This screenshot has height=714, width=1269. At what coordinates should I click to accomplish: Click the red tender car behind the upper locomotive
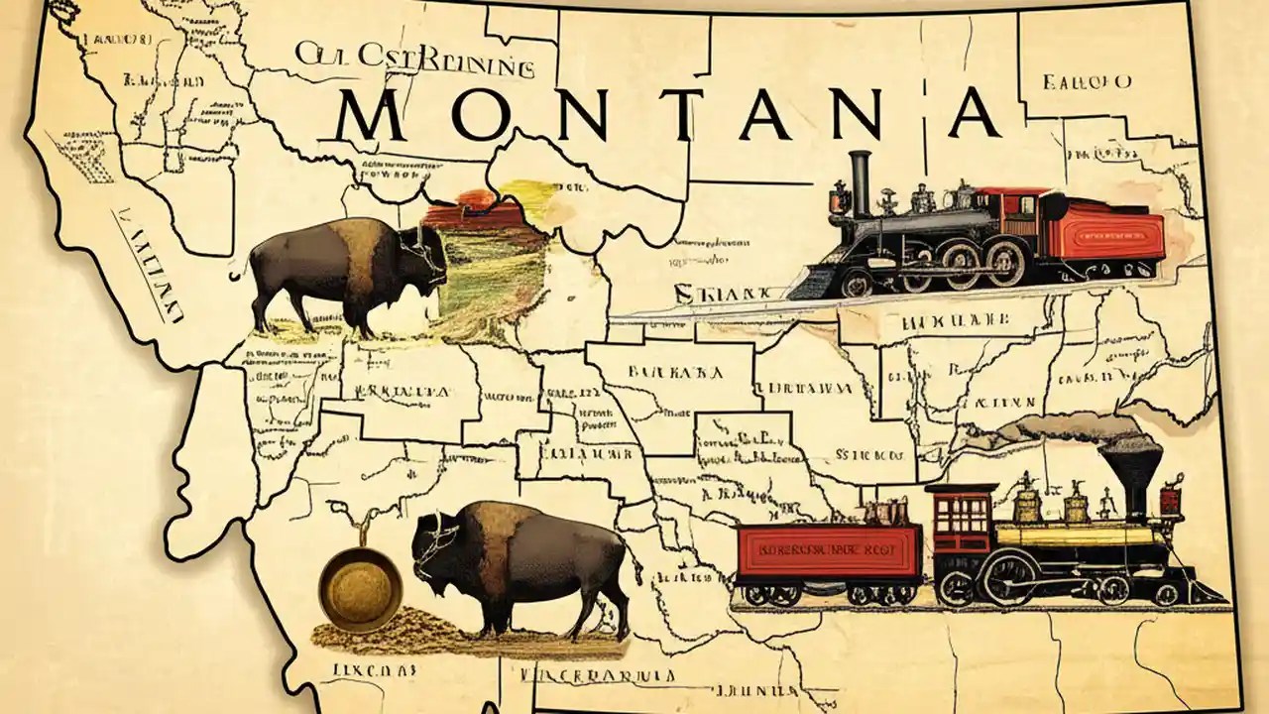1110,238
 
